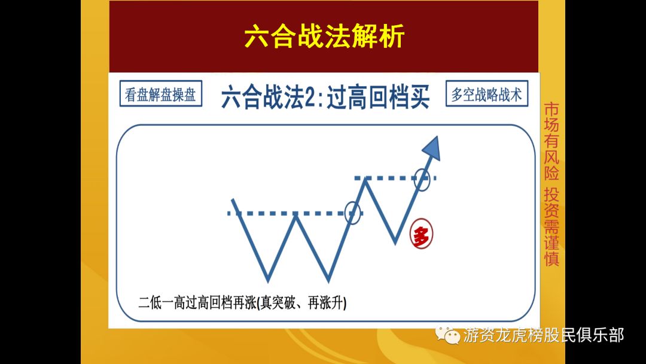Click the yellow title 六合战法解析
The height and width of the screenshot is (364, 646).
tap(324, 37)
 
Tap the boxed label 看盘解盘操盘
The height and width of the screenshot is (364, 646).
tap(160, 95)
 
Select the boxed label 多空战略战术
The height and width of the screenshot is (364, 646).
tap(486, 94)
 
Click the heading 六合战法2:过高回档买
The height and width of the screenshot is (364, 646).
tap(325, 97)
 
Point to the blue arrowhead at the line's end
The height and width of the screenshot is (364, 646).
tap(432, 148)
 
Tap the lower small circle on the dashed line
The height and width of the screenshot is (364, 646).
tap(354, 212)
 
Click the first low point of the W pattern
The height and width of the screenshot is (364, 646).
tap(268, 280)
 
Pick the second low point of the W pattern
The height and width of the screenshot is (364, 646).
tap(328, 280)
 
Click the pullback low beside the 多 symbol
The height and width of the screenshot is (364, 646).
tap(395, 242)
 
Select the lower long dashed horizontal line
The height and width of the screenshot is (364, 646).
tap(287, 213)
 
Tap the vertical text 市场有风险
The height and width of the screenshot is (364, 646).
tap(551, 141)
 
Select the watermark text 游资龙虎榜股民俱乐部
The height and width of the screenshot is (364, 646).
tap(543, 335)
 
